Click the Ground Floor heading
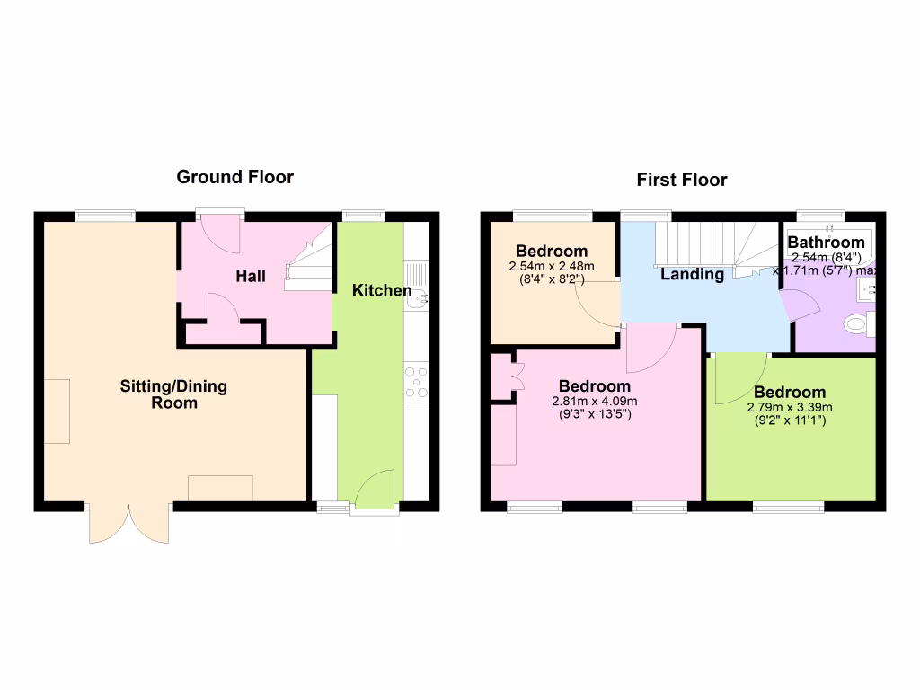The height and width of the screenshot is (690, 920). [x=234, y=177]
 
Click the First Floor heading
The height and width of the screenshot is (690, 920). [x=682, y=180]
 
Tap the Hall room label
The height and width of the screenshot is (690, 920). [x=251, y=277]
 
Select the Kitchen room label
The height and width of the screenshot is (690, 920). [x=381, y=290]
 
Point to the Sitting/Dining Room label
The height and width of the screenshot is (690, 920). [x=173, y=394]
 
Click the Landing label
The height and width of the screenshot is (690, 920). [x=692, y=275]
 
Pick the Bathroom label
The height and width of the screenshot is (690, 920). [x=826, y=243]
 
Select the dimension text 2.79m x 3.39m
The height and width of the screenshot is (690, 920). [x=790, y=407]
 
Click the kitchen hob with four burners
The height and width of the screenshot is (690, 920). [x=417, y=381]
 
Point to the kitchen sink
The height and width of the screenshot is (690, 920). [x=418, y=286]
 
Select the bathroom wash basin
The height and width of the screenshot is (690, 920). [x=867, y=289]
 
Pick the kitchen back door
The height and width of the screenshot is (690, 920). [x=376, y=491]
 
